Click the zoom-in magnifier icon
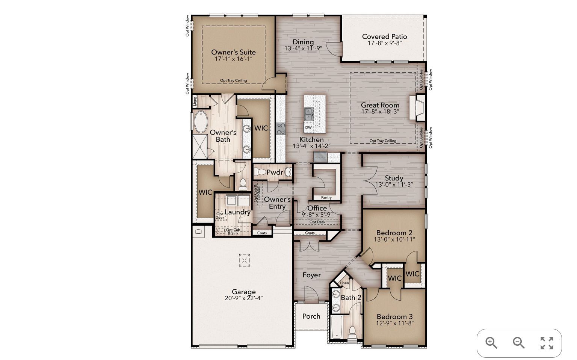tap(491, 343)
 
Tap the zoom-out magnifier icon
tap(518, 343)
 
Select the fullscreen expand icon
tap(547, 343)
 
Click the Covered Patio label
tap(384, 36)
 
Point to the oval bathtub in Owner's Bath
tap(200, 122)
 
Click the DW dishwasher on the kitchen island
tap(308, 127)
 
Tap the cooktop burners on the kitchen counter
tap(281, 129)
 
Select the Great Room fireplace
tap(417, 107)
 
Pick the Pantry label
tap(326, 198)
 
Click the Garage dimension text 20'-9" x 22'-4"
tap(244, 298)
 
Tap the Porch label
tap(311, 316)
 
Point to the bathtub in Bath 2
tap(337, 327)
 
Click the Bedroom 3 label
tap(395, 316)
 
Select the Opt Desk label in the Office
tap(317, 222)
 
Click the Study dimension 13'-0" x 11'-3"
tap(394, 185)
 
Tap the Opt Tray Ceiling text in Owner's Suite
tap(233, 80)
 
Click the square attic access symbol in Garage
tap(244, 260)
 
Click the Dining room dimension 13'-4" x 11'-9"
tap(303, 48)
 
